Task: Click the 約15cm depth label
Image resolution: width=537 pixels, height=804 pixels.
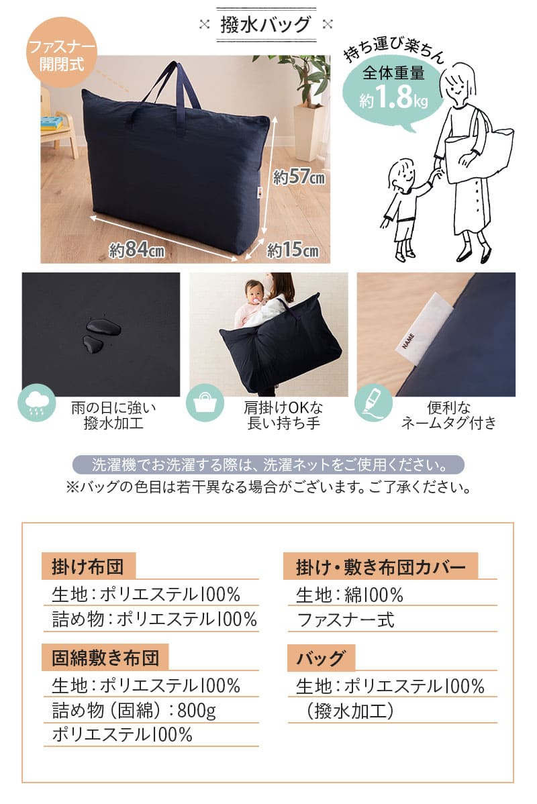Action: [x=293, y=250]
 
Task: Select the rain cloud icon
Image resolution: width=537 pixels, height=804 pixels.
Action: [x=36, y=403]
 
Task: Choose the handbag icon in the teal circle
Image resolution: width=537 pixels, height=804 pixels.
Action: [x=204, y=403]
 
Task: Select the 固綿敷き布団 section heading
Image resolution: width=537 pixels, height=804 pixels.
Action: [x=105, y=657]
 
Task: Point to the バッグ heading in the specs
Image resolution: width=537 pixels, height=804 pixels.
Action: [x=321, y=658]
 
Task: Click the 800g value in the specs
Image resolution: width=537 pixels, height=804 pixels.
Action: [x=196, y=710]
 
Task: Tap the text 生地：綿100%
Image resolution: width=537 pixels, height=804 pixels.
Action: [x=349, y=595]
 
